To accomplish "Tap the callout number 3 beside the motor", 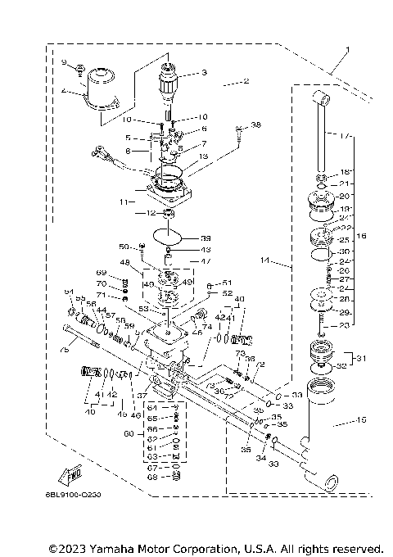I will pos(204,73).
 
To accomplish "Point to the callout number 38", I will pos(256,125).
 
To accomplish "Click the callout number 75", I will pos(64,350).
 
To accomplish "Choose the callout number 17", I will pos(346,135).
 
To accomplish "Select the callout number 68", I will pos(151,477).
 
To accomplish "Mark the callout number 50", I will pos(124,246).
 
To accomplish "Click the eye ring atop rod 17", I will pos(320,101).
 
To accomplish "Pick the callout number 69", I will pos(102,273).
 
